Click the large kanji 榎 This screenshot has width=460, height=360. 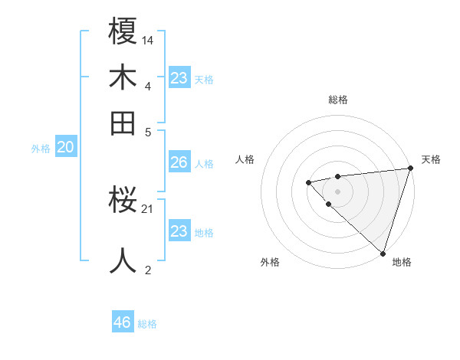pyautogui.click(x=123, y=31)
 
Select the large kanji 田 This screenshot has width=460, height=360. pyautogui.click(x=123, y=122)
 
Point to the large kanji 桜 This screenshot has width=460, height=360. pyautogui.click(x=123, y=201)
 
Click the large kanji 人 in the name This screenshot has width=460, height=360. pyautogui.click(x=123, y=260)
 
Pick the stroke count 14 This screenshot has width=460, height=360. pyautogui.click(x=148, y=40)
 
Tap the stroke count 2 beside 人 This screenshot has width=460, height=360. pyautogui.click(x=148, y=269)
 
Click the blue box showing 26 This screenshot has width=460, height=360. pyautogui.click(x=179, y=162)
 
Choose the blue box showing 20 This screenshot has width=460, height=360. pyautogui.click(x=66, y=148)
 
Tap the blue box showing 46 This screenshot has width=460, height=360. pyautogui.click(x=122, y=322)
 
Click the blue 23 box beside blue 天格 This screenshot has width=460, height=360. pyautogui.click(x=179, y=78)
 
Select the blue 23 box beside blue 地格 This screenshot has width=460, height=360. pyautogui.click(x=179, y=231)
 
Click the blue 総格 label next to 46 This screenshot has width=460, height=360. pyautogui.click(x=147, y=324)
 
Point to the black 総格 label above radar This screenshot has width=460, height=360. pyautogui.click(x=338, y=100)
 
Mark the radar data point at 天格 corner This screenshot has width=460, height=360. pyautogui.click(x=410, y=169)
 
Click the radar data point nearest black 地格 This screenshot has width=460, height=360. pyautogui.click(x=382, y=252)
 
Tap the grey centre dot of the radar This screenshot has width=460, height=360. pyautogui.click(x=337, y=190)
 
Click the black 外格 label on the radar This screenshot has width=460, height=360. pyautogui.click(x=270, y=262)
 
